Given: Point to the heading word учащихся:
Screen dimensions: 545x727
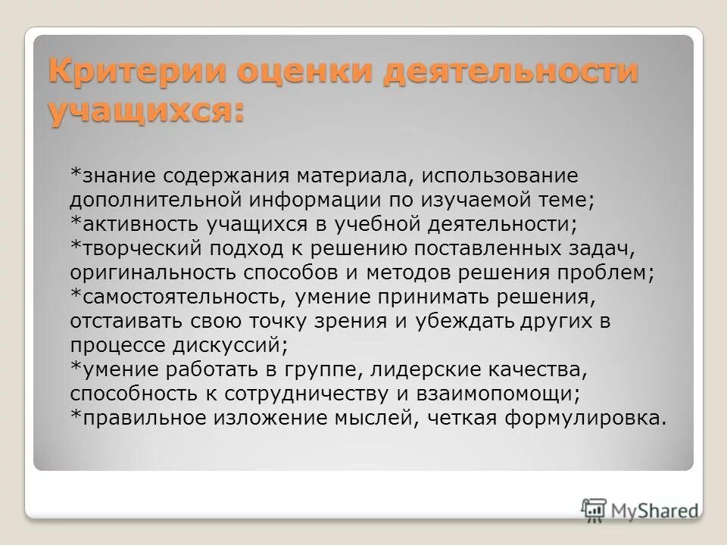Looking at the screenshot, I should pos(147,113).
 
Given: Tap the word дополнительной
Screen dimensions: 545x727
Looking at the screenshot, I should pos(155,201).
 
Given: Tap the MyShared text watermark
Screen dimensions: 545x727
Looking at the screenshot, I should pos(656,509).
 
